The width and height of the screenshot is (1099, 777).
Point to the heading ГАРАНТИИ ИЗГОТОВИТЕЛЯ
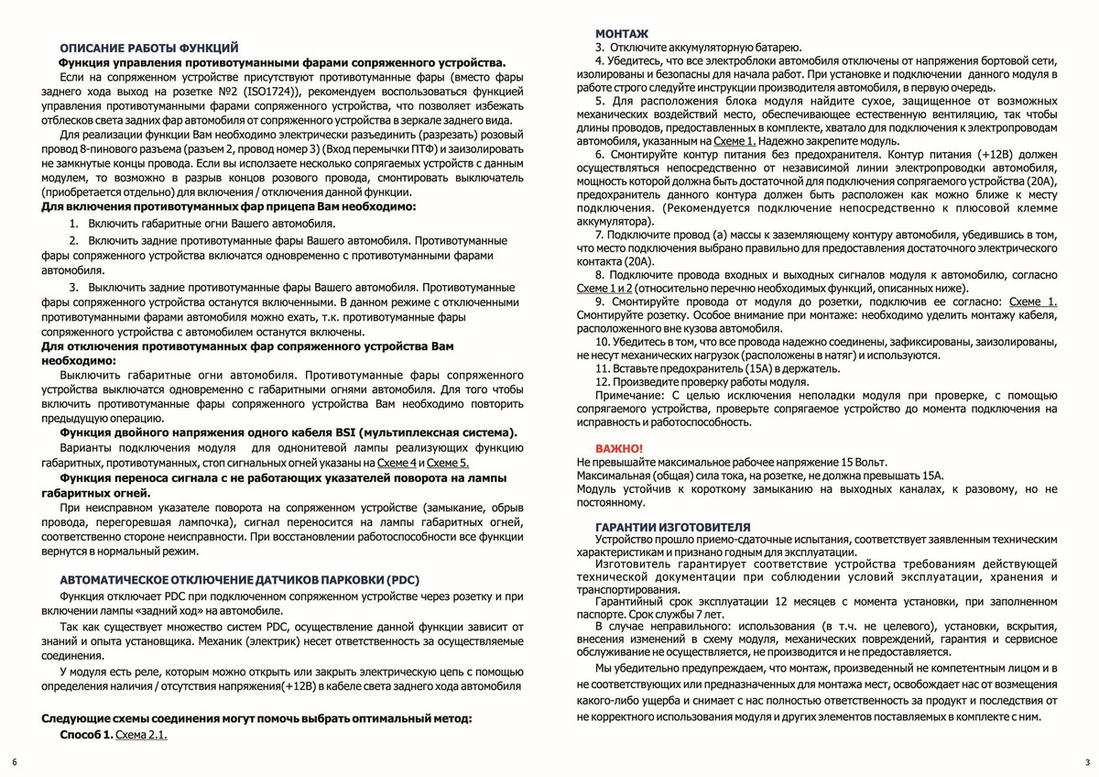[672, 527]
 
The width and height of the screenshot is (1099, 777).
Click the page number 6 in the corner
[14, 762]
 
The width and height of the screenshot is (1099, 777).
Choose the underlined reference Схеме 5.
[448, 464]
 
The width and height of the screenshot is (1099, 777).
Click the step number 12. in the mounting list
[603, 381]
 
